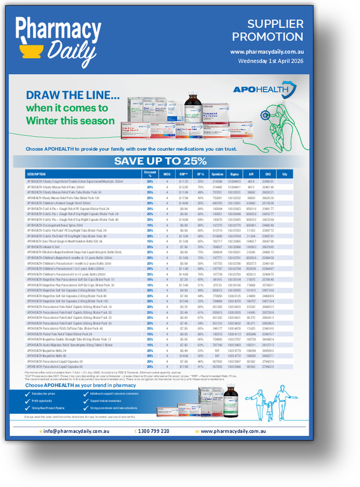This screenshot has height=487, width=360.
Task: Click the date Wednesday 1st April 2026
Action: click(x=270, y=61)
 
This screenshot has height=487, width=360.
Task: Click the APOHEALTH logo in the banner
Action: click(x=264, y=89)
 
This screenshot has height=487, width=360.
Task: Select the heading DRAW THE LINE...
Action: click(x=72, y=95)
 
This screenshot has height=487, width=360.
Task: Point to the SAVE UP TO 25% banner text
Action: click(x=160, y=161)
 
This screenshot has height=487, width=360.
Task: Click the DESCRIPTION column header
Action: click(x=36, y=174)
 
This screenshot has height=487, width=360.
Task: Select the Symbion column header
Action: click(x=217, y=174)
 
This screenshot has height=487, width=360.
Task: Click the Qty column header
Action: click(x=284, y=174)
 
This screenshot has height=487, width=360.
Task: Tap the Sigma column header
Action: click(x=234, y=174)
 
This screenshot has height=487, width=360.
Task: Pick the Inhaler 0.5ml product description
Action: click(x=43, y=246)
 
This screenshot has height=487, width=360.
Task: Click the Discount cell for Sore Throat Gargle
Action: click(x=150, y=241)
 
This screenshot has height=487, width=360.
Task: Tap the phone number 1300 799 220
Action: click(x=153, y=431)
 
